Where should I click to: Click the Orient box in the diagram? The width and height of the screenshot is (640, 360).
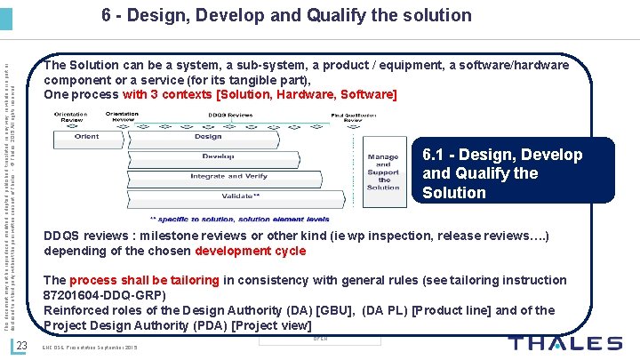(86, 137)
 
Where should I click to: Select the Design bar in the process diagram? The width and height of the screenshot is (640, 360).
(208, 137)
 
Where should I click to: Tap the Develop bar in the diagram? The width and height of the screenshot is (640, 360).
(218, 156)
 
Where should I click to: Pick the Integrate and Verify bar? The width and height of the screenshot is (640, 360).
(228, 176)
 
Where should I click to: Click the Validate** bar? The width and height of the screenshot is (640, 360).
(241, 195)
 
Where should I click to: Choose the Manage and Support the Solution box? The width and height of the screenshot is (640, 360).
(383, 171)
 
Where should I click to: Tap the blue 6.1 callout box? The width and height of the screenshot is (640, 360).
(491, 173)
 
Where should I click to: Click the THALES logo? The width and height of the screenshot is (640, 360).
(565, 344)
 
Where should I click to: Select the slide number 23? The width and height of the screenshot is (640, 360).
(25, 345)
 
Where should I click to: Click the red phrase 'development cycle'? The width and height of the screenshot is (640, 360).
(250, 251)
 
